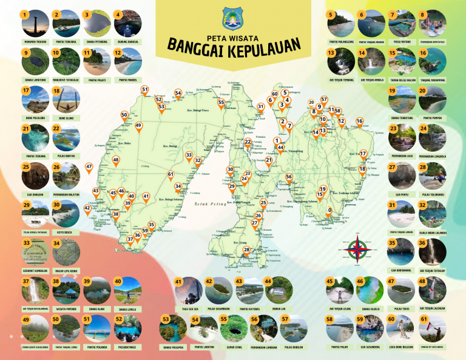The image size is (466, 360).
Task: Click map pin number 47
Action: pos(89,168)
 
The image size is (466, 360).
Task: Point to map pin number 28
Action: pos(246,251)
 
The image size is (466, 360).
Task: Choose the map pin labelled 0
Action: pos(329,212)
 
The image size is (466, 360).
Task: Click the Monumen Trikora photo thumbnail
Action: pos(34,24)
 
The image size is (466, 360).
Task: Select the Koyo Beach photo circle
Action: pos(65,214)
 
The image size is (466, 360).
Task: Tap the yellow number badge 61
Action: pos(424,319)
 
